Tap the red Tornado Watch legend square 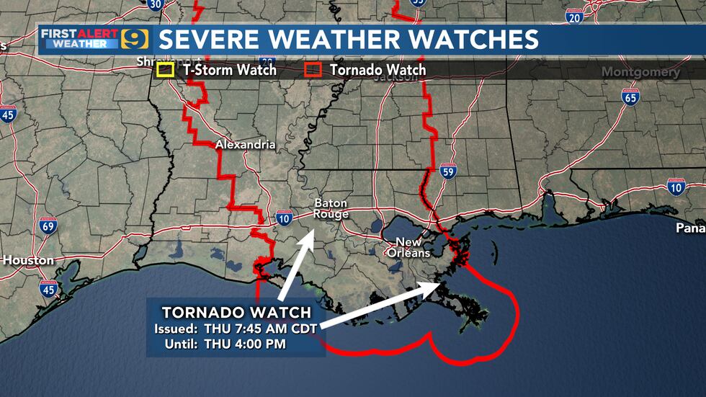(312, 70)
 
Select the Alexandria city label (245, 145)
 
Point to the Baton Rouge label (331, 209)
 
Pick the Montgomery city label (640, 72)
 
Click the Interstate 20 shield (574, 17)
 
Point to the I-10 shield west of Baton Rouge (283, 218)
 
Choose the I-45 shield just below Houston (48, 290)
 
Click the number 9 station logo (135, 40)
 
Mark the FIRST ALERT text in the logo (79, 33)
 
